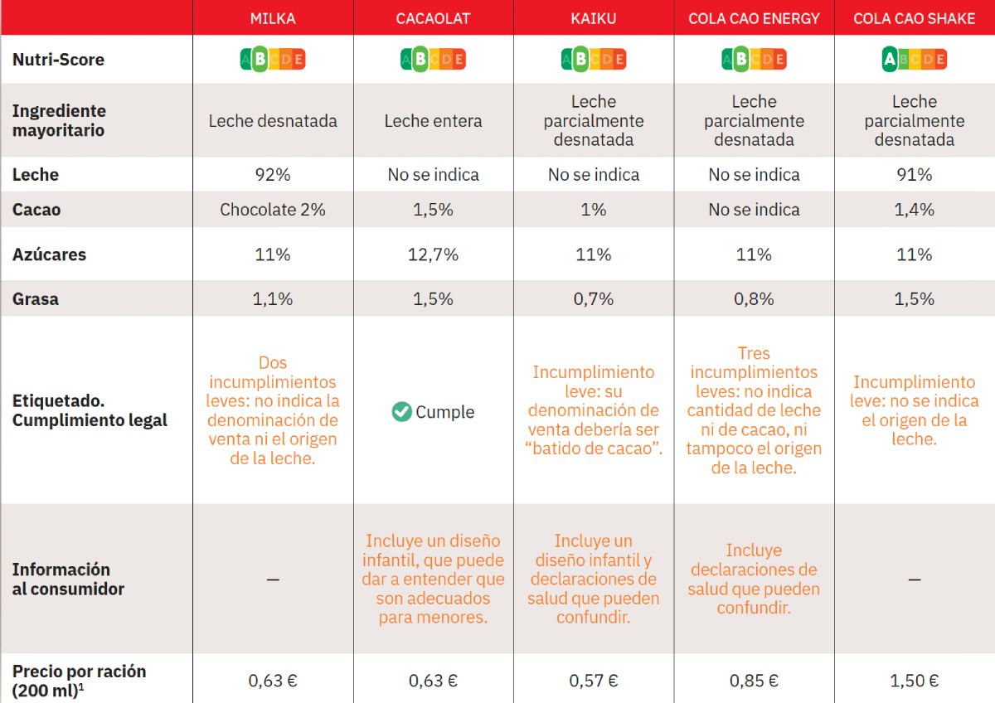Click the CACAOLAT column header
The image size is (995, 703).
433,18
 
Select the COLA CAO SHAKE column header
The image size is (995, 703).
914,18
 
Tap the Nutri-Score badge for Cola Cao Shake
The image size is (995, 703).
914,60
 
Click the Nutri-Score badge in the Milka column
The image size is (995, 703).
273,60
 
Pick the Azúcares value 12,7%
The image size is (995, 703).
433,255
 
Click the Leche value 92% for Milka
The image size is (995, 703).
273,175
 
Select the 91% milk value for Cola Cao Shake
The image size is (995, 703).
914,175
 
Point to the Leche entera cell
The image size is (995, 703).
433,121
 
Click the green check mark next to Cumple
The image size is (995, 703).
402,412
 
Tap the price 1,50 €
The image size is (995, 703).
914,681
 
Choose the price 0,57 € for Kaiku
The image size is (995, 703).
594,681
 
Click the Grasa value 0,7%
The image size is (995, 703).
594,299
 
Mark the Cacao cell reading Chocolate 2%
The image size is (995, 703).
273,210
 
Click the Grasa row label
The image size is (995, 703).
36,299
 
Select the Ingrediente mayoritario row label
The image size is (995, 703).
59,121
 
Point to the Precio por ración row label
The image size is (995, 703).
79,681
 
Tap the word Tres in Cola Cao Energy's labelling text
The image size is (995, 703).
754,354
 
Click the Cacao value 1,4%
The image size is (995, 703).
914,210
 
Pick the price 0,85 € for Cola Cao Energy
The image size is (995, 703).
754,681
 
